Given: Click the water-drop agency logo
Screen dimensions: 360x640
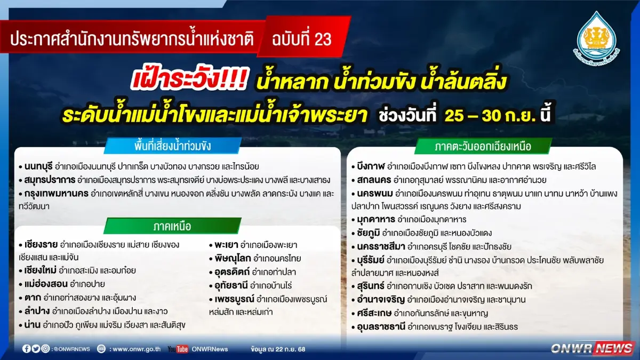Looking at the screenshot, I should click(596, 36).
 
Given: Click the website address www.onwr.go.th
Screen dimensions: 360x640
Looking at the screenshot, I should click(137, 349).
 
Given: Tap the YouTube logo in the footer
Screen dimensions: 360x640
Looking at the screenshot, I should click(178, 349).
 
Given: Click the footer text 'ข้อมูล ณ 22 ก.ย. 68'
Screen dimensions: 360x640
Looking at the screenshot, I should click(277, 349).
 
